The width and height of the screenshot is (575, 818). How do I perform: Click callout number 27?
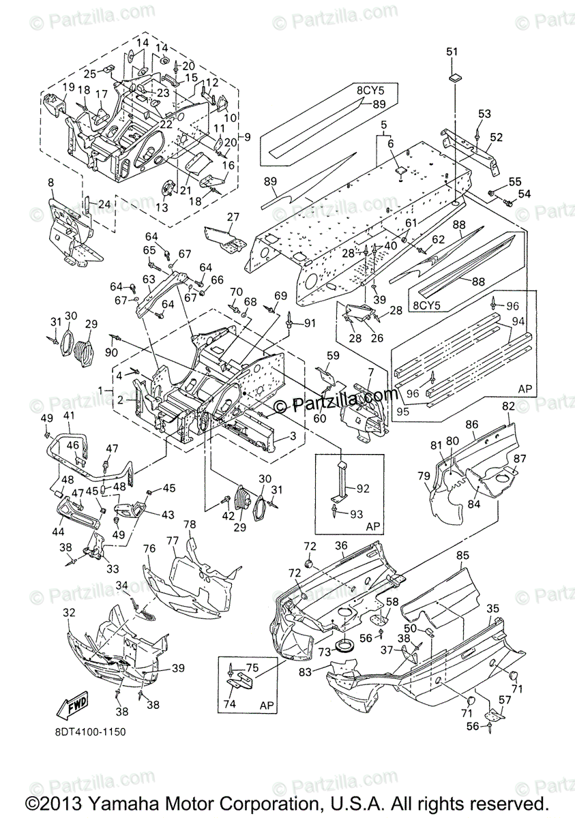[233, 217]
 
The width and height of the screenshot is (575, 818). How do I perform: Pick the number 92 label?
[362, 487]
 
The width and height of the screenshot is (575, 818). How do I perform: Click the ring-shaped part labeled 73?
[344, 644]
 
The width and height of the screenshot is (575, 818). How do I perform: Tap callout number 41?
[69, 415]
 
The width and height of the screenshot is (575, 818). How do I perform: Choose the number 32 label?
[68, 613]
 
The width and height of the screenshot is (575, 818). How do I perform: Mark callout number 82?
[507, 406]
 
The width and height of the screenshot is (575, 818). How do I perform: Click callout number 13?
[162, 207]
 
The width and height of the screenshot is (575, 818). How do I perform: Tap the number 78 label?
[190, 524]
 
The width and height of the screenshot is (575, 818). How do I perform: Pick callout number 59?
[332, 355]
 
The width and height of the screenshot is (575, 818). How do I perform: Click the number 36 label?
[341, 545]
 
